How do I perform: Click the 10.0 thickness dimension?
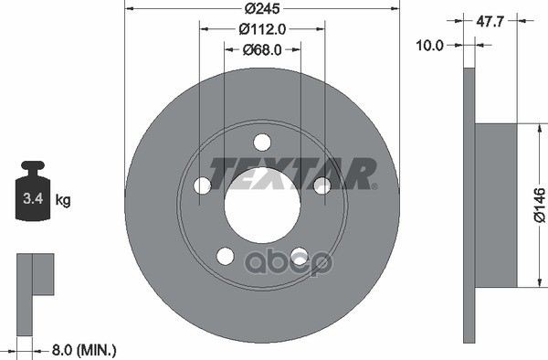pyautogui.click(x=431, y=44)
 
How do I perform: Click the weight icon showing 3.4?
pyautogui.click(x=33, y=195)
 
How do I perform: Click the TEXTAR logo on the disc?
pyautogui.click(x=293, y=172)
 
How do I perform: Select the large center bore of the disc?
pyautogui.click(x=262, y=205)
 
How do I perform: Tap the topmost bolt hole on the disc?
pyautogui.click(x=262, y=143)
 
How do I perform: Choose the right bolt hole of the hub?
pyautogui.click(x=321, y=185)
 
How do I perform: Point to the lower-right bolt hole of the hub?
pyautogui.click(x=299, y=256)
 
